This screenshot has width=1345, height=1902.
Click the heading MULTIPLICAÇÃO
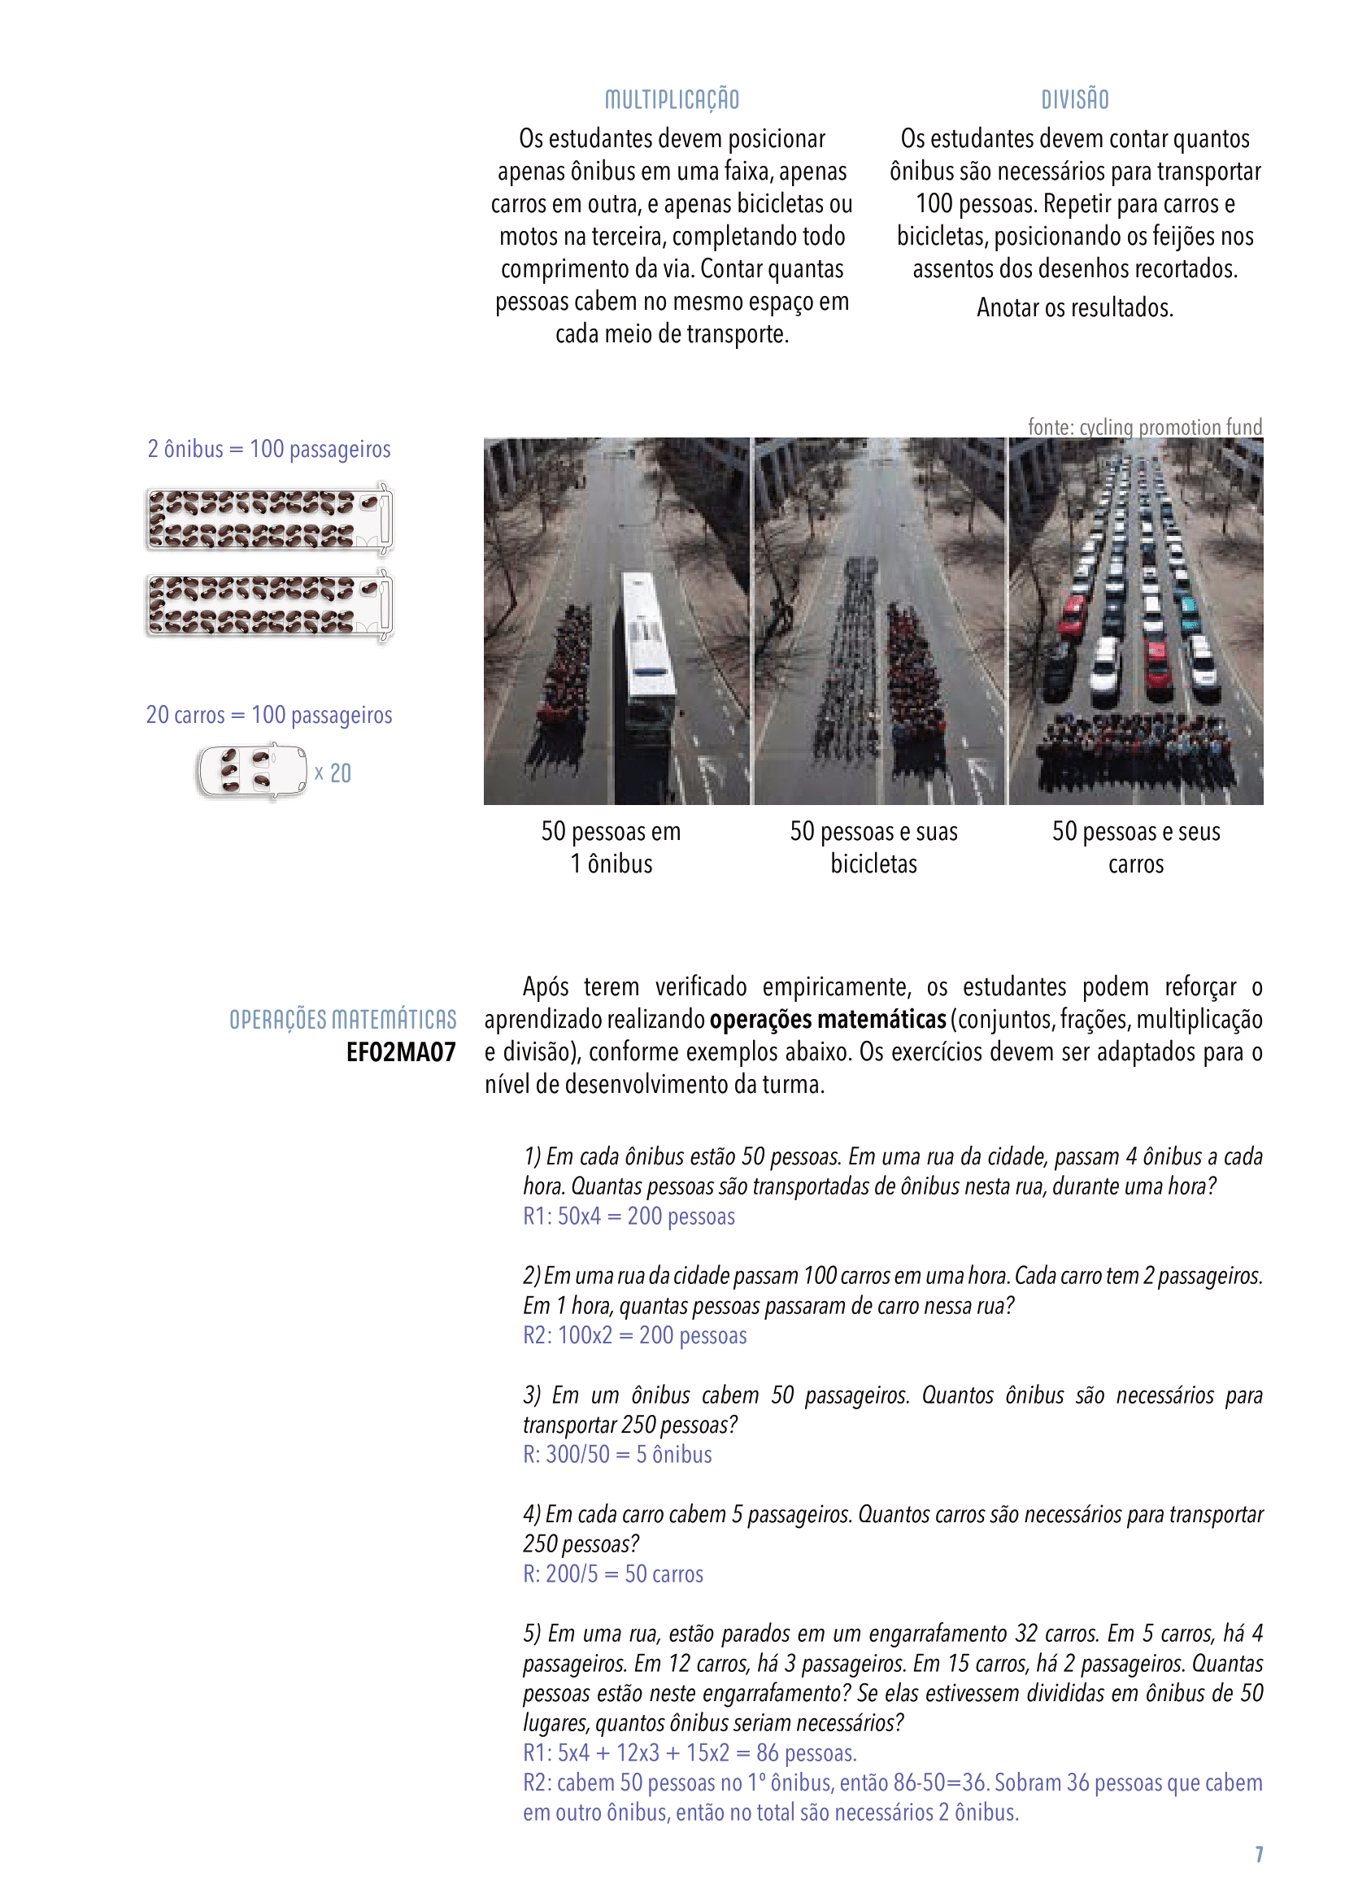pos(672,99)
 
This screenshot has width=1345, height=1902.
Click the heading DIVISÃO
pos(1074,99)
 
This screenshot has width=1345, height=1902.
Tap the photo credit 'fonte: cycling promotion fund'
pos(1145,427)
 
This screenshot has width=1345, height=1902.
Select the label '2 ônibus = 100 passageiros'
pos(268,449)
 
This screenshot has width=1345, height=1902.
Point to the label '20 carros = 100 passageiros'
pos(268,714)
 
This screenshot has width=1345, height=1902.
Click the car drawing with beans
pos(251,772)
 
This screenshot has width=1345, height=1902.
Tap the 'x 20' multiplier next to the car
pos(333,773)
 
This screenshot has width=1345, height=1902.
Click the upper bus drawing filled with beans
pos(268,520)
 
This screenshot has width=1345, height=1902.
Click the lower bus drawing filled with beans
pos(268,606)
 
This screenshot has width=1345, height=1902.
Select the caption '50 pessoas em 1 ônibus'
pos(612,847)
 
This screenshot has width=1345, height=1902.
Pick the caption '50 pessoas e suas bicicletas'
pos(873,847)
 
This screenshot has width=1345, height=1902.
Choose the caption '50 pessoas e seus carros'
pos(1135,847)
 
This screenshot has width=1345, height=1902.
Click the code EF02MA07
pos(401,1052)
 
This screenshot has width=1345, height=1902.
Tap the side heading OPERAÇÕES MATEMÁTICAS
pos(342,1019)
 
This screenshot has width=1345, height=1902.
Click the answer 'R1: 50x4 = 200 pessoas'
pos(629,1216)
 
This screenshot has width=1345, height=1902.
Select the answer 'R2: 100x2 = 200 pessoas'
pos(634,1335)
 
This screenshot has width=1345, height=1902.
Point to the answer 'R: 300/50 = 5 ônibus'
pos(617,1455)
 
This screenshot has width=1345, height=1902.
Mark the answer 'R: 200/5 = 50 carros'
pos(613,1574)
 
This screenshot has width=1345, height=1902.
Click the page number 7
pos(1258,1854)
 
